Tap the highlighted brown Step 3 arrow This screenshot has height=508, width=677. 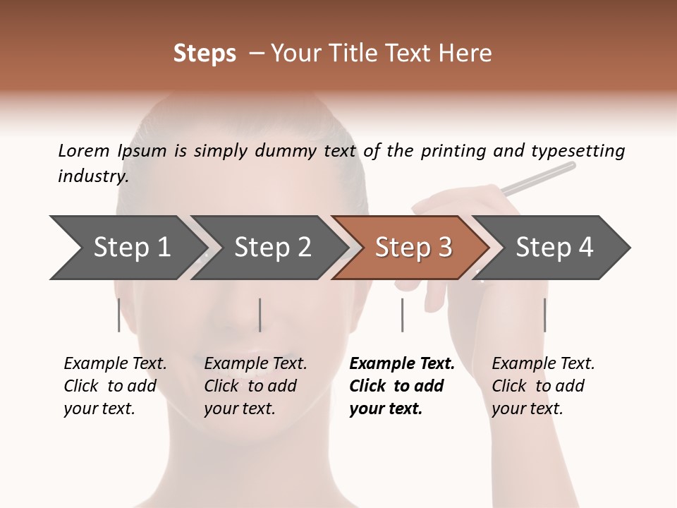[x=413, y=247]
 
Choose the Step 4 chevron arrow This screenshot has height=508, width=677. [x=554, y=247]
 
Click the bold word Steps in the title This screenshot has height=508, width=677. [x=205, y=54]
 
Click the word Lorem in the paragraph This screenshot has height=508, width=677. [x=84, y=150]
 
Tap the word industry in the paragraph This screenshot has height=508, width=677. [x=93, y=176]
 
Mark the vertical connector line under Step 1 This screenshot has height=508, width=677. [x=119, y=315]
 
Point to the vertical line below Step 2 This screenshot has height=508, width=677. [x=260, y=315]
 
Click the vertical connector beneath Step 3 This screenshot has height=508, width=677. [x=402, y=315]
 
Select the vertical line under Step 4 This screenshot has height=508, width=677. [x=544, y=315]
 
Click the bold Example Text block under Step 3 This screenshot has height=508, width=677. [x=402, y=386]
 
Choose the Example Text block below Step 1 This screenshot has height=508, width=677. [x=115, y=386]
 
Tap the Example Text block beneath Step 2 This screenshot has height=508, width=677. [x=255, y=386]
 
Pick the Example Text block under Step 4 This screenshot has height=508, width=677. [x=543, y=386]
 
